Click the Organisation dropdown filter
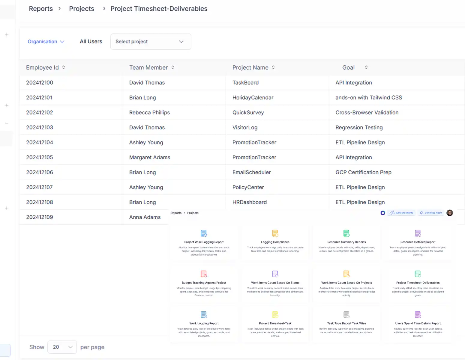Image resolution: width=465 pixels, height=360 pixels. click(46, 42)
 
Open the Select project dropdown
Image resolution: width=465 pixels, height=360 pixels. click(151, 42)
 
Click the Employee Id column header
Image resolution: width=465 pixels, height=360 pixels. click(42, 67)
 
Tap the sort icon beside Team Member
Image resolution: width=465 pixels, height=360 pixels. click(173, 67)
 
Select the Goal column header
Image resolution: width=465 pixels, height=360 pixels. click(348, 67)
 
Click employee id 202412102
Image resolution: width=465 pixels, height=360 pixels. click(40, 112)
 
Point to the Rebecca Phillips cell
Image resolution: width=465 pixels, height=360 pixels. click(149, 112)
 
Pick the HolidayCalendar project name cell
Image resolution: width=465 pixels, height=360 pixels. click(253, 97)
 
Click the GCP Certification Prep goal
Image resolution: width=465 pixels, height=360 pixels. click(363, 172)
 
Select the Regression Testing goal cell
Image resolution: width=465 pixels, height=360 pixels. click(359, 127)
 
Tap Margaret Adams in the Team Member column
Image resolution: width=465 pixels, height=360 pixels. click(149, 157)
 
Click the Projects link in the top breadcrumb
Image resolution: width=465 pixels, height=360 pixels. click(82, 9)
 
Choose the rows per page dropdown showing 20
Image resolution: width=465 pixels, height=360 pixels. click(62, 347)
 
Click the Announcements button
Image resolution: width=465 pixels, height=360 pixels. click(401, 213)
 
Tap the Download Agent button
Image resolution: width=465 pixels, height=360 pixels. click(431, 213)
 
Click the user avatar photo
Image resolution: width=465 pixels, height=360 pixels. click(449, 213)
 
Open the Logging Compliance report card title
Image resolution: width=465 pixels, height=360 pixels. click(275, 242)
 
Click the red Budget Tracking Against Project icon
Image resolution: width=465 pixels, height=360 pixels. click(204, 274)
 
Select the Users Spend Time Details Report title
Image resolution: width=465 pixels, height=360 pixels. click(418, 323)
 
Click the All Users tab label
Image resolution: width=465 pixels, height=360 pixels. click(91, 42)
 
